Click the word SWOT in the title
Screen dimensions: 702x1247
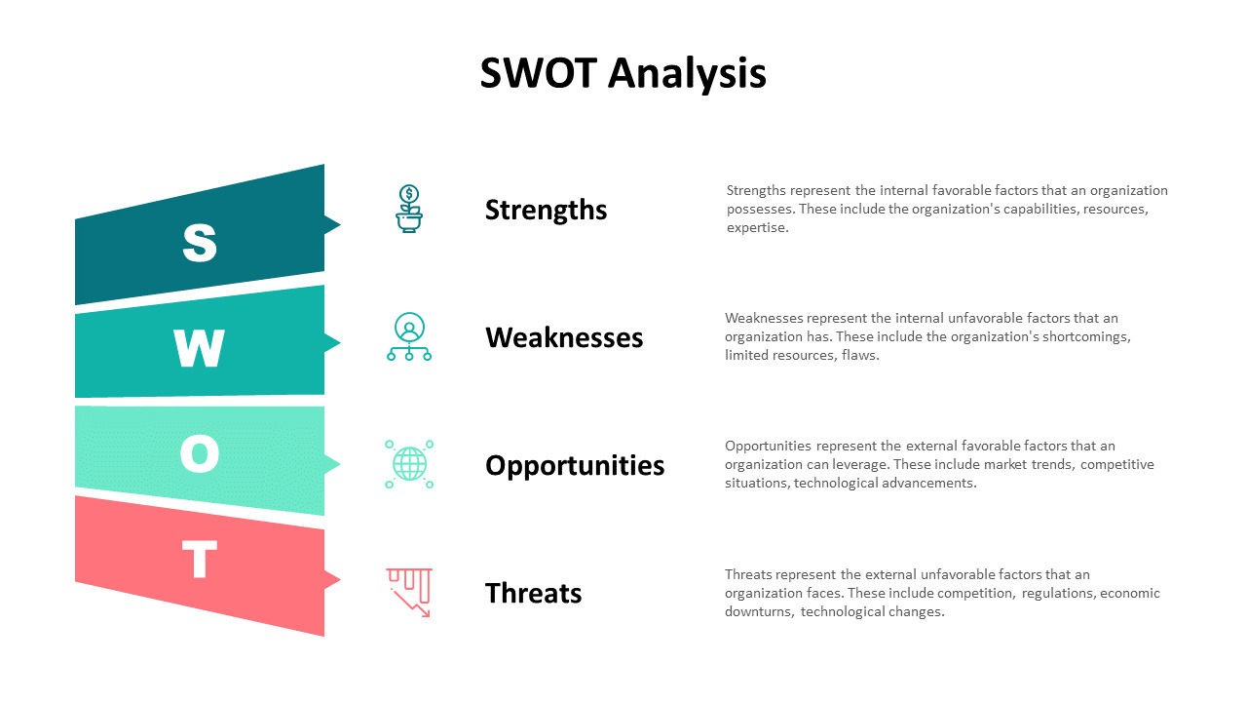[538, 74]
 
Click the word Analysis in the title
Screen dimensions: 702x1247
[688, 74]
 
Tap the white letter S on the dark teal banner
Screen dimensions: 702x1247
[200, 243]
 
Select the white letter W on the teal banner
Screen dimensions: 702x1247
[200, 348]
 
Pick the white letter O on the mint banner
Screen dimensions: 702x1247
[200, 453]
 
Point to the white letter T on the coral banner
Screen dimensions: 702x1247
[200, 560]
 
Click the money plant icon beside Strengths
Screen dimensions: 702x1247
[409, 209]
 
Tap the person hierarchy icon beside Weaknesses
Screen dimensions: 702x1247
[409, 337]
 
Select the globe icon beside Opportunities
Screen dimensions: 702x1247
[409, 464]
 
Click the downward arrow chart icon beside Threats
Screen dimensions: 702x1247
[409, 592]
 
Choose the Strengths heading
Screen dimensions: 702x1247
[546, 210]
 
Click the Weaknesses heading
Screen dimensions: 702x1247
[564, 337]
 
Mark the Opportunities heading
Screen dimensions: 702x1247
[575, 465]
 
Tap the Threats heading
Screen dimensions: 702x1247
[533, 593]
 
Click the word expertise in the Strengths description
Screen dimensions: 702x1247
[756, 228]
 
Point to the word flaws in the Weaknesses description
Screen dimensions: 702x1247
[860, 356]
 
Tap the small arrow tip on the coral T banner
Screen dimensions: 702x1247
[334, 580]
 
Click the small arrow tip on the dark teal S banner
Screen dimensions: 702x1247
[334, 224]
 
